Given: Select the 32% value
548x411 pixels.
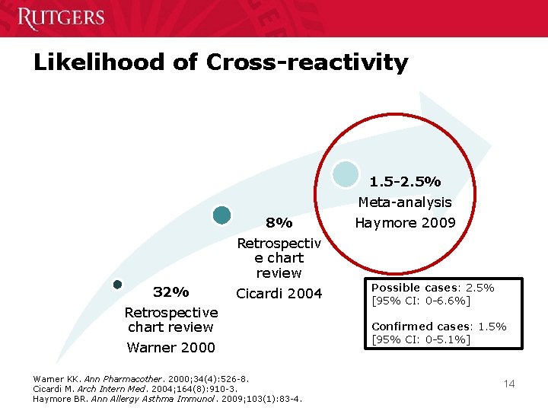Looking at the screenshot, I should (171, 292).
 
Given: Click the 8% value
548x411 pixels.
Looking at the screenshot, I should (279, 223).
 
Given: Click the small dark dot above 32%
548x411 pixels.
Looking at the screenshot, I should (117, 285).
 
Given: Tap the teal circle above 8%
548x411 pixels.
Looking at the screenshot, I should (221, 215).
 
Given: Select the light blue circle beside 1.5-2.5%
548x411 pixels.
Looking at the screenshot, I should (346, 174).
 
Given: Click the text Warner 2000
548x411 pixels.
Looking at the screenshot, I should (171, 348).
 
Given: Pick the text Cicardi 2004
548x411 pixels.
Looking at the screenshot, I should (279, 294).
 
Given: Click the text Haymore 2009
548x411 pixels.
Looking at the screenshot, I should (405, 223).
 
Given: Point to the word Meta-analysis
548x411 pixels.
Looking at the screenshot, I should (405, 202).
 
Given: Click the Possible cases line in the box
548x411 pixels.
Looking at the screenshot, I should (432, 288).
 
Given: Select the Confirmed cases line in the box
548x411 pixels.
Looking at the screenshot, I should (438, 327).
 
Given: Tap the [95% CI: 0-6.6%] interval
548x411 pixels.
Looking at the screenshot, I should (421, 301).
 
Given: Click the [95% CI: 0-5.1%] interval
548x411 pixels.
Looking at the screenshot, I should (421, 339).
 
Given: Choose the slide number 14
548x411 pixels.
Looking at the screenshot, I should (508, 384).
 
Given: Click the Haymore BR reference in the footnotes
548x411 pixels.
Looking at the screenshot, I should (167, 399).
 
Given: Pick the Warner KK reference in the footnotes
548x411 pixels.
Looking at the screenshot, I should (142, 378).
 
